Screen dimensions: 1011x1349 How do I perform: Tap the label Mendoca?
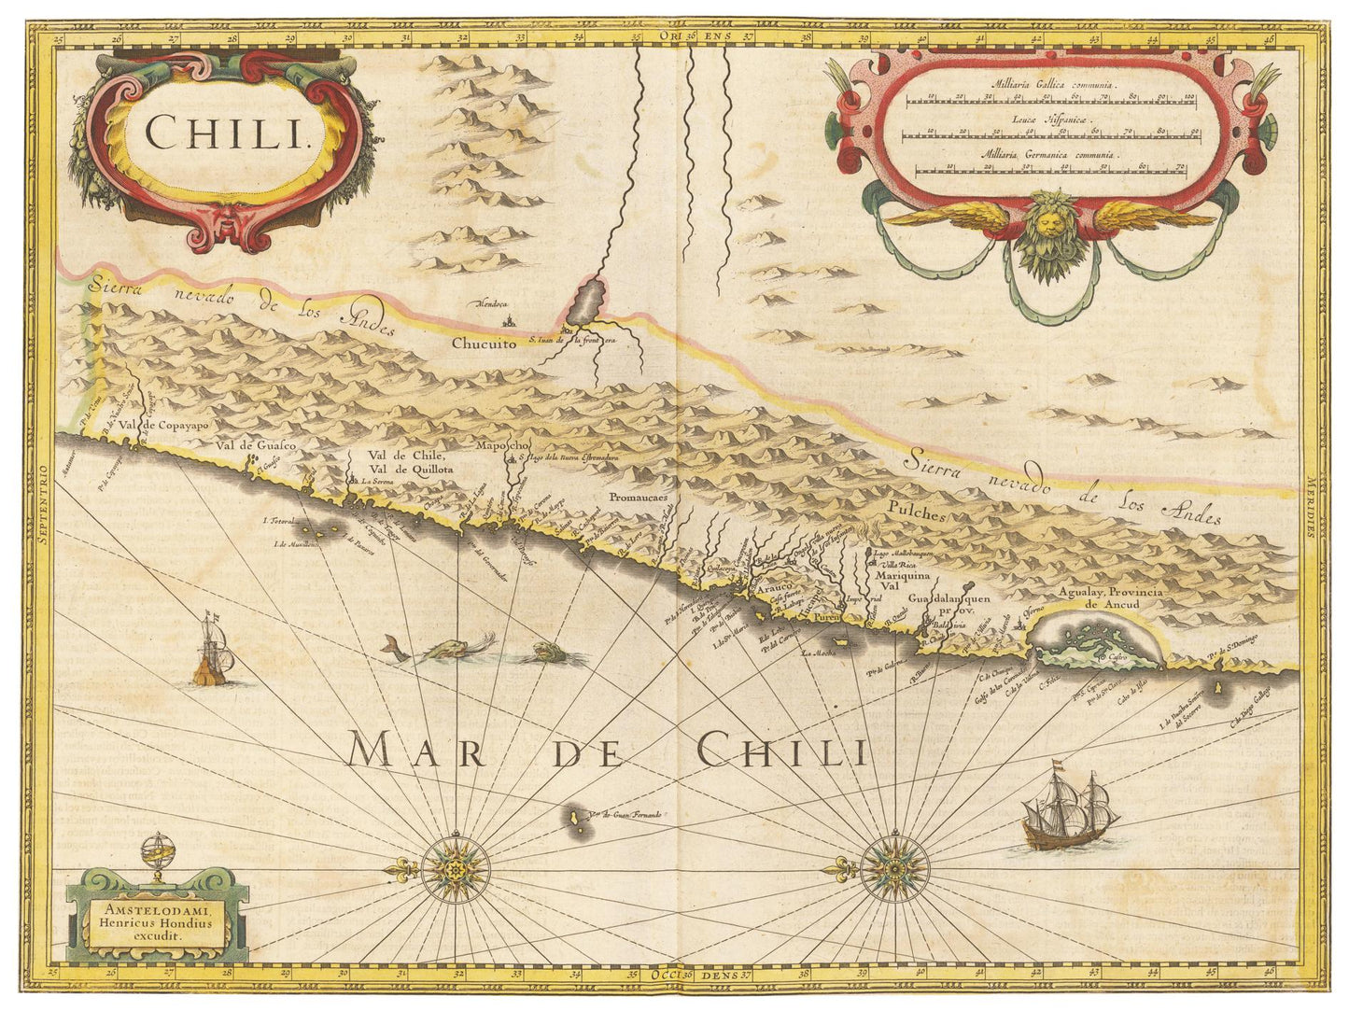tap(491, 303)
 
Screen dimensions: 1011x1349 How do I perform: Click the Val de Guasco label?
tap(256, 445)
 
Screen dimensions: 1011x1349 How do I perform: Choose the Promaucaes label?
tap(637, 498)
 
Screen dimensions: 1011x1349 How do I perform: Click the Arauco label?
tap(772, 590)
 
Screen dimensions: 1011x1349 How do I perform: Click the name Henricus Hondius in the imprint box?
tap(157, 921)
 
